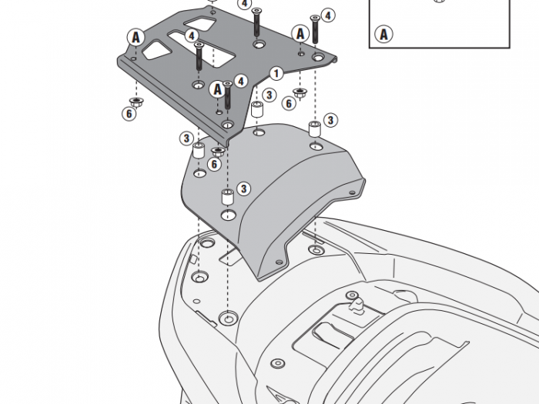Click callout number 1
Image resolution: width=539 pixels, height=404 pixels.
click(x=275, y=72)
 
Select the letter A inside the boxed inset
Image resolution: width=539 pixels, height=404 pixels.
click(x=383, y=34)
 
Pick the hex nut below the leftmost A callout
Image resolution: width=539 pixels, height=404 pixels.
click(x=135, y=101)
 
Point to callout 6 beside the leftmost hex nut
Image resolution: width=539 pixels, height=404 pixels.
click(x=129, y=114)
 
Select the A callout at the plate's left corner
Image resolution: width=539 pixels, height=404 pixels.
click(x=136, y=36)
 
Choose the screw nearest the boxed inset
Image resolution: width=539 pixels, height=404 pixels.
click(x=315, y=28)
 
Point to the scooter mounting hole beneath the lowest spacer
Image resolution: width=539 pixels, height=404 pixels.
click(x=228, y=318)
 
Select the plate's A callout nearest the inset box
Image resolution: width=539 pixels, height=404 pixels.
click(x=300, y=33)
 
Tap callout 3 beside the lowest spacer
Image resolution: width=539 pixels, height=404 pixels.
click(x=243, y=188)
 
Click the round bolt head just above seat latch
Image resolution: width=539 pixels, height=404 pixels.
click(x=352, y=295)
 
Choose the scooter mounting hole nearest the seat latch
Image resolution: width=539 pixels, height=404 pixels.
click(x=316, y=249)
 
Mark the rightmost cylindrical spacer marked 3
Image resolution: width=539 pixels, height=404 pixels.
click(x=314, y=128)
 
